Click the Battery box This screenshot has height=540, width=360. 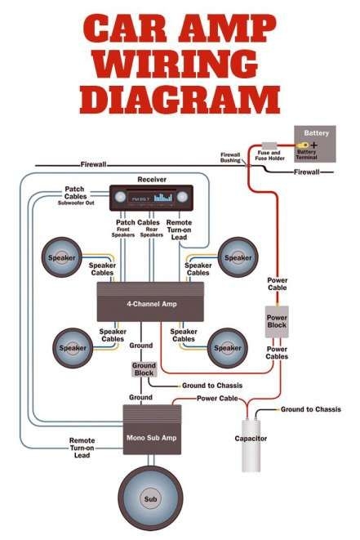tap(316, 144)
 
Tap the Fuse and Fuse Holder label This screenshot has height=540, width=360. tap(269, 155)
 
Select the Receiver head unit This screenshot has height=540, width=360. tap(151, 198)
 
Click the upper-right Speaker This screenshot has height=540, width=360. tap(238, 258)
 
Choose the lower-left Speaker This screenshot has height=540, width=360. tap(71, 347)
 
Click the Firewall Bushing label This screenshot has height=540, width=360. tap(231, 158)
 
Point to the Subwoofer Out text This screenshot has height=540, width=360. tap(79, 203)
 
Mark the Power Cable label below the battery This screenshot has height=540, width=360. tap(278, 283)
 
